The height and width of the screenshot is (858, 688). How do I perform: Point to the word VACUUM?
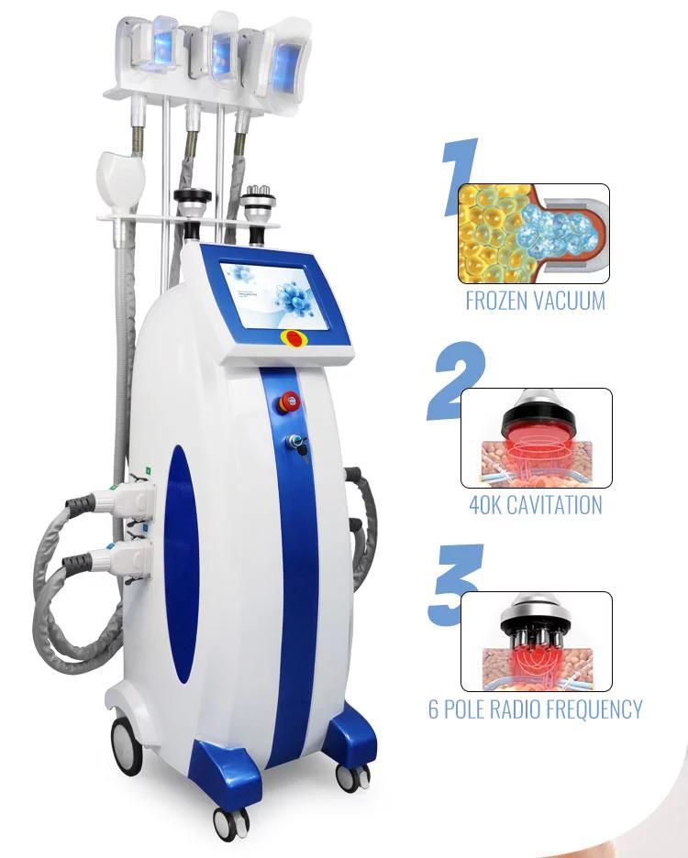click(574, 301)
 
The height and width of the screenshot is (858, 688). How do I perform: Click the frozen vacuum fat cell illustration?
click(533, 233)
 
